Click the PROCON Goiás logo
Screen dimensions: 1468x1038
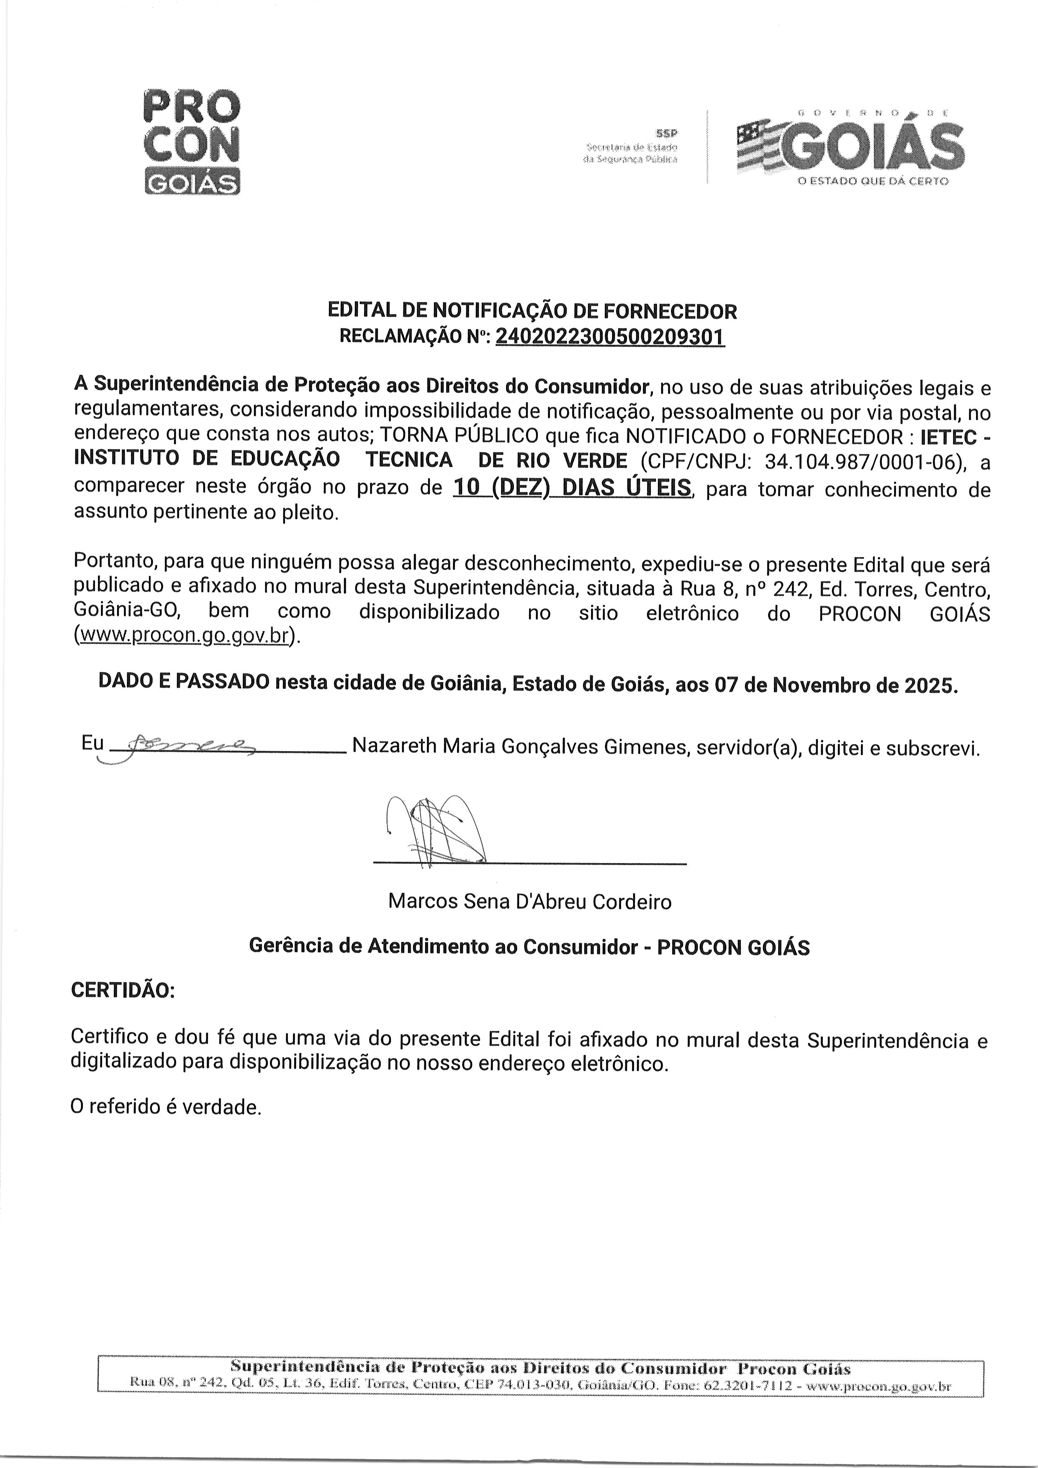click(192, 142)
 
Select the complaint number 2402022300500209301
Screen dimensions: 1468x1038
click(610, 336)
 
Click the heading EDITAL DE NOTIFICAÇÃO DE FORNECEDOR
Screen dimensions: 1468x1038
click(532, 312)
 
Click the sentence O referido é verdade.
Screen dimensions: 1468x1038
click(166, 1106)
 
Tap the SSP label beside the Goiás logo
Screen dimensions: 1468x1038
click(667, 134)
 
